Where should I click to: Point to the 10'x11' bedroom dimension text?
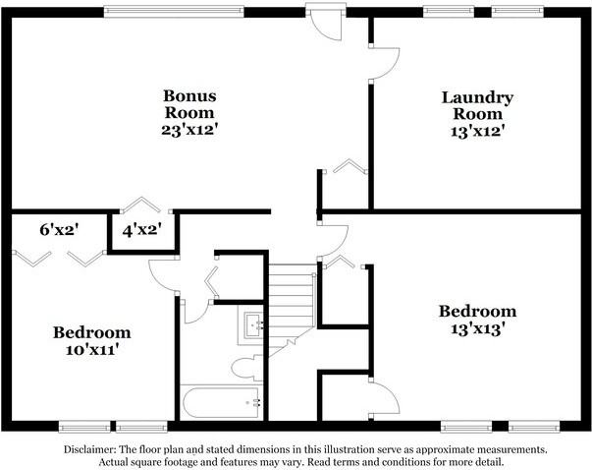(91, 349)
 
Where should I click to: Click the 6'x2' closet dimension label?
(59, 230)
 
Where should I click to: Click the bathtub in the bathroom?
(222, 401)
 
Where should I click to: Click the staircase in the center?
(291, 300)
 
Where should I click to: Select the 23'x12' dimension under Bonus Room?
(189, 129)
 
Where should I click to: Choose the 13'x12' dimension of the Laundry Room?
(477, 129)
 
